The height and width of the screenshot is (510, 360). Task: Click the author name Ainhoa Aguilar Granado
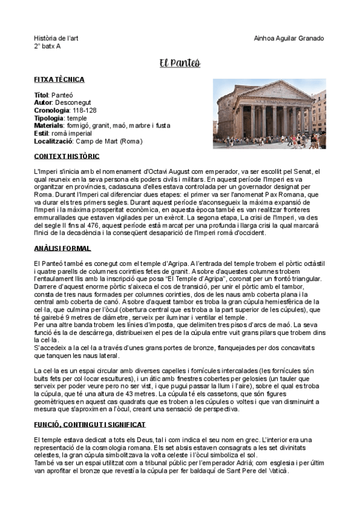[289, 38]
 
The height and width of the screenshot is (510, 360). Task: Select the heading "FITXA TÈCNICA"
[59, 79]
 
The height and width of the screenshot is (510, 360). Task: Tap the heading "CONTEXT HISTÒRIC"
[67, 156]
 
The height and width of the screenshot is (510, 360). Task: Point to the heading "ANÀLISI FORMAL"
[63, 248]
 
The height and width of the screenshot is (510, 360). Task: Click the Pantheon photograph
[269, 114]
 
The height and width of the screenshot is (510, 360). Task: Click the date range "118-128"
[84, 111]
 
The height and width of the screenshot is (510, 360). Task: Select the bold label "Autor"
[43, 103]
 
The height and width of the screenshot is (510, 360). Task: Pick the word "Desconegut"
[73, 103]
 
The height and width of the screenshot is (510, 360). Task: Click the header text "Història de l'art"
[56, 38]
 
